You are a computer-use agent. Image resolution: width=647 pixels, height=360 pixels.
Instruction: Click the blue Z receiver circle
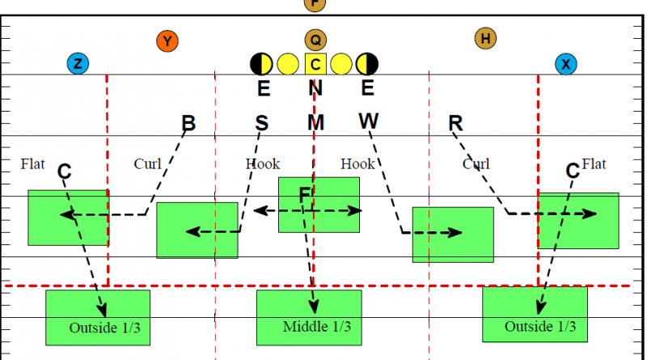(78, 64)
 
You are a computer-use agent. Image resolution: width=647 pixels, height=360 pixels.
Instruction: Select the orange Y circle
(167, 40)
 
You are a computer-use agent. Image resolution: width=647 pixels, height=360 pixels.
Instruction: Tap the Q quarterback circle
(315, 40)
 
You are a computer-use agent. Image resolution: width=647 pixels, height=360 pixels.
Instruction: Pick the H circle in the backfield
(485, 37)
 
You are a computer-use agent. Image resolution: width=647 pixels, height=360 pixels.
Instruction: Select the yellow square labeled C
(315, 63)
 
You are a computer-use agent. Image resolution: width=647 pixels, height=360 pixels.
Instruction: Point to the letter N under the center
(315, 88)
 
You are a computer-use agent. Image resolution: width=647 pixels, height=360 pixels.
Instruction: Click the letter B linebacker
(188, 124)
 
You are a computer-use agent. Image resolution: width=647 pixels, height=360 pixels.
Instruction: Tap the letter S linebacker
(261, 123)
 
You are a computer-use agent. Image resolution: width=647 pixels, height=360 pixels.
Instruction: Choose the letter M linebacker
(315, 123)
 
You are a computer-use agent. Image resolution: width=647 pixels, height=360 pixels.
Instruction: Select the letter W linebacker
(368, 121)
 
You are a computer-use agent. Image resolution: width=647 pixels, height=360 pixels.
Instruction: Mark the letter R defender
(455, 123)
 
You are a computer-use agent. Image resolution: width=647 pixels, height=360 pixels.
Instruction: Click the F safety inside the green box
(305, 195)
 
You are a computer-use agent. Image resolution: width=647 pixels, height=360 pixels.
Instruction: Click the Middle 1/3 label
(316, 327)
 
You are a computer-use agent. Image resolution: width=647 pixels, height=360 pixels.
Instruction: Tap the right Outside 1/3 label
(540, 327)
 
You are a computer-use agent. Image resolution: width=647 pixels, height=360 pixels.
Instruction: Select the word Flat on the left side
(32, 164)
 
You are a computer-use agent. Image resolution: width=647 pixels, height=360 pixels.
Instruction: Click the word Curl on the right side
(476, 164)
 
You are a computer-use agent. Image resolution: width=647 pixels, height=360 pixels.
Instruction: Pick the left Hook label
(262, 164)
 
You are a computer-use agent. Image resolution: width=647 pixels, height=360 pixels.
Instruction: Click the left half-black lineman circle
(261, 63)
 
